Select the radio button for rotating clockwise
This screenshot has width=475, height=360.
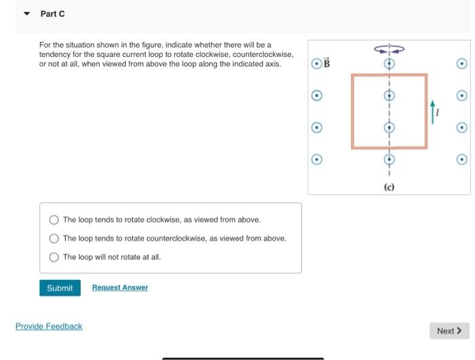coord(54,220)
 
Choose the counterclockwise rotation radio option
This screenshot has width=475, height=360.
coord(54,238)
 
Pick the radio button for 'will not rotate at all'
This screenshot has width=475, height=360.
coord(54,257)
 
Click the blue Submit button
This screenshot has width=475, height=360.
coord(60,288)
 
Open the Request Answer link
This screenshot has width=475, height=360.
coord(119,288)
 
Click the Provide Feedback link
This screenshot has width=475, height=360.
coord(49,327)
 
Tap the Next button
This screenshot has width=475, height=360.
coord(449,331)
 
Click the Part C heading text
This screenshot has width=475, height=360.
coord(52,14)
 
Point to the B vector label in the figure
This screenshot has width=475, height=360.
coord(326,64)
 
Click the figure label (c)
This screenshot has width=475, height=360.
coord(389,186)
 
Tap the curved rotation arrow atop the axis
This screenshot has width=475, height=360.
coord(389,49)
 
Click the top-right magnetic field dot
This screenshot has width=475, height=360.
coord(461,64)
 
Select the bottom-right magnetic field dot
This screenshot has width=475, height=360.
coord(461,160)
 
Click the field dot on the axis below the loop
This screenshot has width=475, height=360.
coord(389,160)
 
